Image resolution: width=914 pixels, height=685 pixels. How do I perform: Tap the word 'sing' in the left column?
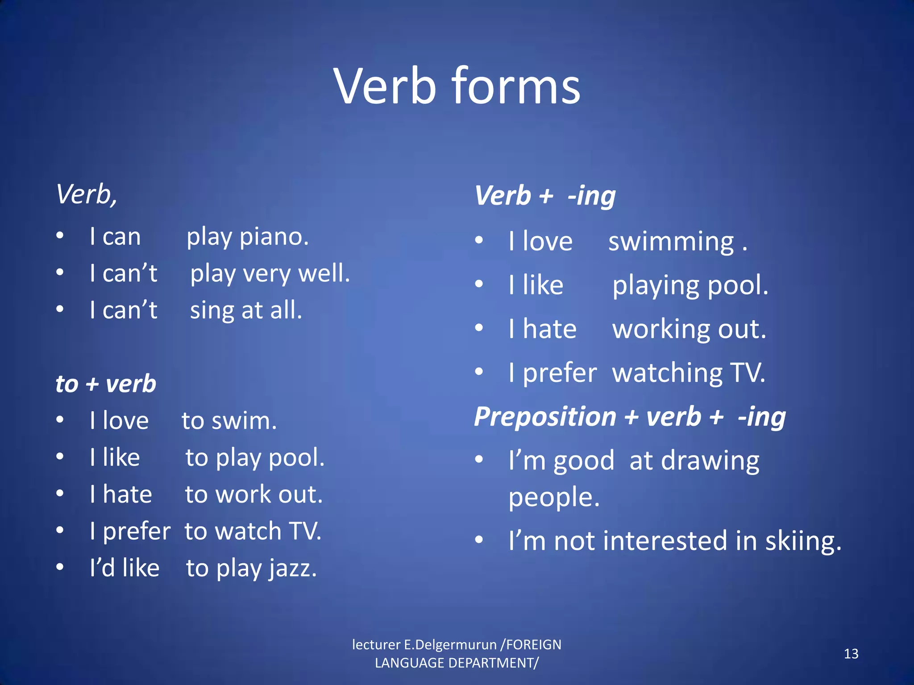pyautogui.click(x=212, y=310)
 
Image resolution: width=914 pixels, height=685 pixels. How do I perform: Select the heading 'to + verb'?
pyautogui.click(x=106, y=384)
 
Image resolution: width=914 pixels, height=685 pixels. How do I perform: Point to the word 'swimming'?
pyautogui.click(x=671, y=242)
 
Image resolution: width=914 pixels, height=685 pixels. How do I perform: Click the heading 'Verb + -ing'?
pyautogui.click(x=545, y=196)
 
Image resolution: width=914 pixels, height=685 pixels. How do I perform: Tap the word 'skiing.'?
pyautogui.click(x=803, y=541)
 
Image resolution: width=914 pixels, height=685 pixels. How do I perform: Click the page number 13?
pyautogui.click(x=851, y=654)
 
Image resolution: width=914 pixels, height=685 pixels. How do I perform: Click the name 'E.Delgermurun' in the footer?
pyautogui.click(x=450, y=644)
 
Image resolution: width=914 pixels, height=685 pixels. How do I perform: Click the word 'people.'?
pyautogui.click(x=554, y=498)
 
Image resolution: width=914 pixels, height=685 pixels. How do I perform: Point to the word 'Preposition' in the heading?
pyautogui.click(x=545, y=417)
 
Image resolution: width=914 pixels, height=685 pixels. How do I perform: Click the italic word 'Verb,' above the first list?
pyautogui.click(x=87, y=195)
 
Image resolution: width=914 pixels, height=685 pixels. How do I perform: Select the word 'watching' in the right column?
pyautogui.click(x=667, y=373)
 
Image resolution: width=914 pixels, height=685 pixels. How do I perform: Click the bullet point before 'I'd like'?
pyautogui.click(x=60, y=567)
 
